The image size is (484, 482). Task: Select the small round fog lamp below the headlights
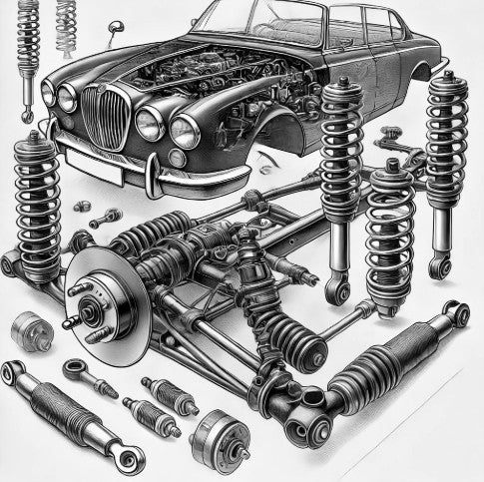(x=177, y=158)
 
